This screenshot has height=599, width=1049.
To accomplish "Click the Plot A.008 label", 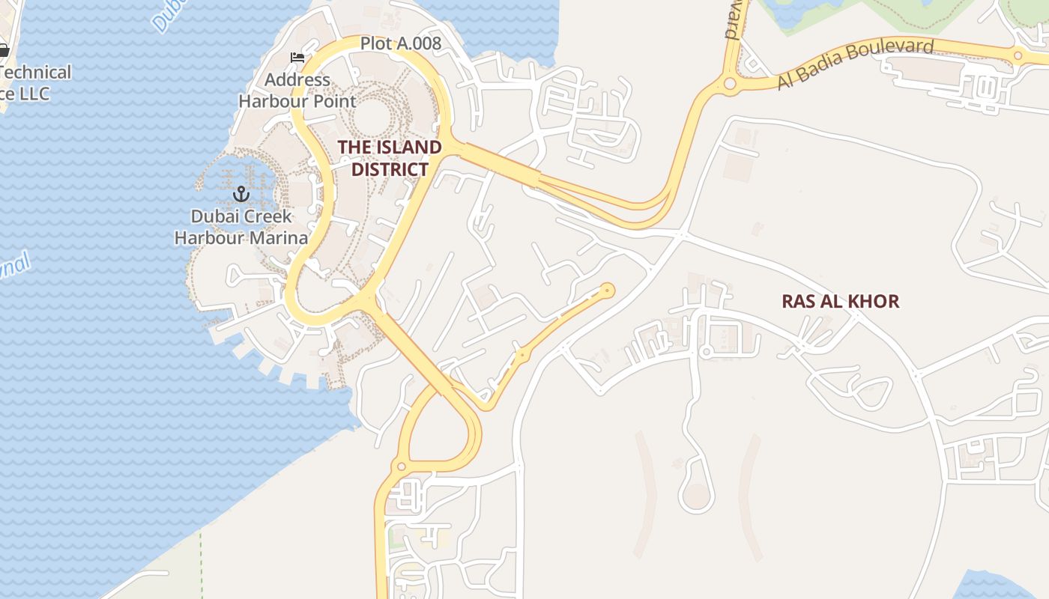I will pyautogui.click(x=400, y=43).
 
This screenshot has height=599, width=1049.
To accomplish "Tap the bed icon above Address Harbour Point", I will pyautogui.click(x=297, y=58).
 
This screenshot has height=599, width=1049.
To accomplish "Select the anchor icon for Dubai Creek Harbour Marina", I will pyautogui.click(x=241, y=195).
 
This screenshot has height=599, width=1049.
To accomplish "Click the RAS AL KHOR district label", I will pyautogui.click(x=840, y=301).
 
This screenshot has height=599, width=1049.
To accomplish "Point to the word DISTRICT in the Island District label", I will pyautogui.click(x=390, y=169).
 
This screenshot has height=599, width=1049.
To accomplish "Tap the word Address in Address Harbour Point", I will pyautogui.click(x=297, y=79).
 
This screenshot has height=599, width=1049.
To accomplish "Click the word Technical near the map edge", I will pyautogui.click(x=36, y=72).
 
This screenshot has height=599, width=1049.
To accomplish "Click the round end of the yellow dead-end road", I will pyautogui.click(x=607, y=290).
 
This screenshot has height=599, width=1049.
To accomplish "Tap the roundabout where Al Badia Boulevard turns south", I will pyautogui.click(x=729, y=84).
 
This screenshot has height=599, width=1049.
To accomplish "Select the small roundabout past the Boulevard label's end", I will pyautogui.click(x=1018, y=55).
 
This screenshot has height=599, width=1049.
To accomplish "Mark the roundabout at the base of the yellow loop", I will pyautogui.click(x=401, y=466).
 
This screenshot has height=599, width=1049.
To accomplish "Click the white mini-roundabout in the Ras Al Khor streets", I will pyautogui.click(x=704, y=350).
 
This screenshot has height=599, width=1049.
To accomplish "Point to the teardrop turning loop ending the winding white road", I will pyautogui.click(x=697, y=494).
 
